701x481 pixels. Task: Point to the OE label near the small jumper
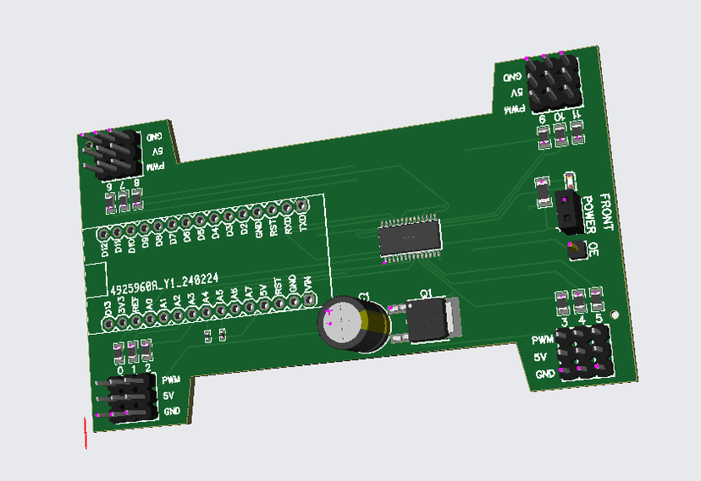(x=593, y=249)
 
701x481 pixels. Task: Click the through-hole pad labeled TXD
(x=301, y=205)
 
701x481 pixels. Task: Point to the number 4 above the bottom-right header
(x=582, y=321)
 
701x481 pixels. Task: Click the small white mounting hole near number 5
(x=615, y=316)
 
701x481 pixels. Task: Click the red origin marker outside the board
(x=86, y=433)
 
